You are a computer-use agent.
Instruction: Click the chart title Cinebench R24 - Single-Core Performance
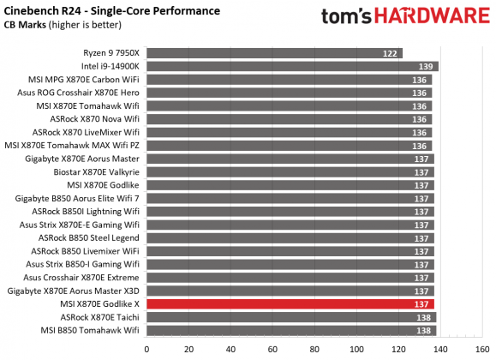pyautogui.click(x=111, y=10)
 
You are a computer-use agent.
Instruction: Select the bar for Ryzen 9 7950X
pyautogui.click(x=274, y=53)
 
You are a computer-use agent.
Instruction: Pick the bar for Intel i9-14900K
pyautogui.click(x=291, y=66)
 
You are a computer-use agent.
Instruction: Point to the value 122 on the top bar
pyautogui.click(x=390, y=53)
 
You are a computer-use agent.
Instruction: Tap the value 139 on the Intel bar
pyautogui.click(x=425, y=66)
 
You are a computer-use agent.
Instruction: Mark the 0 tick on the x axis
pyautogui.click(x=147, y=349)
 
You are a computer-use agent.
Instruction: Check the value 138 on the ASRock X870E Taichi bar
pyautogui.click(x=423, y=317)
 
